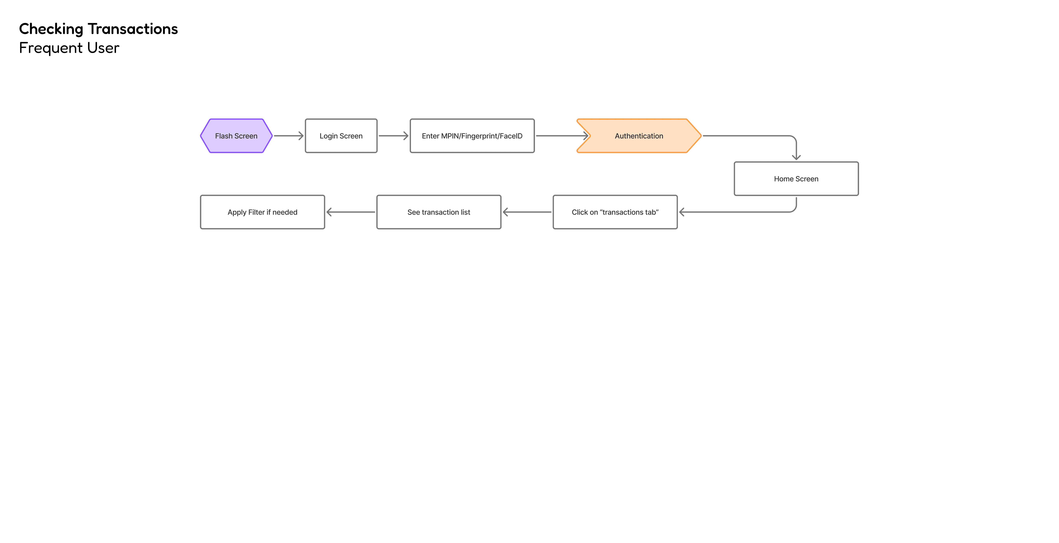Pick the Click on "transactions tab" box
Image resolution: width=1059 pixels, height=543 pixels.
[x=615, y=212]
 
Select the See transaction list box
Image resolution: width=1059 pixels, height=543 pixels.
[x=439, y=212]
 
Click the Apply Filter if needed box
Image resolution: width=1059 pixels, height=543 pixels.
[x=262, y=212]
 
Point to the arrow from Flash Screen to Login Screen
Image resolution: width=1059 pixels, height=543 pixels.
[x=289, y=136]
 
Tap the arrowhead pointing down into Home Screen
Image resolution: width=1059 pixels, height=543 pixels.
[x=796, y=157]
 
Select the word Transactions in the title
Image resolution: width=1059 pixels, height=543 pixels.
[x=133, y=29]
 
